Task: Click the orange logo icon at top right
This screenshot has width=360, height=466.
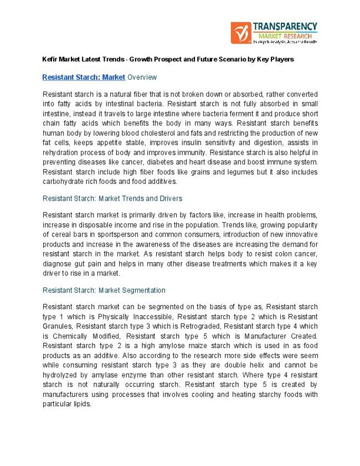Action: click(x=241, y=33)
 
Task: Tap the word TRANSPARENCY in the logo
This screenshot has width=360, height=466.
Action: click(x=285, y=27)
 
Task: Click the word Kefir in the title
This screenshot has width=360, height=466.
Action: click(x=50, y=59)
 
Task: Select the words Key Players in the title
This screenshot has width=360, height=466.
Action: click(x=276, y=59)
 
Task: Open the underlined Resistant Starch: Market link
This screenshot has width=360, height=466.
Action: click(x=84, y=77)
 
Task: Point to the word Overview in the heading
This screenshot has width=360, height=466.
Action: click(x=142, y=77)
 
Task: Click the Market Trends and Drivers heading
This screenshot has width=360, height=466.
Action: click(x=112, y=198)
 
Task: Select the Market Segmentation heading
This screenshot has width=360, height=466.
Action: click(x=104, y=290)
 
